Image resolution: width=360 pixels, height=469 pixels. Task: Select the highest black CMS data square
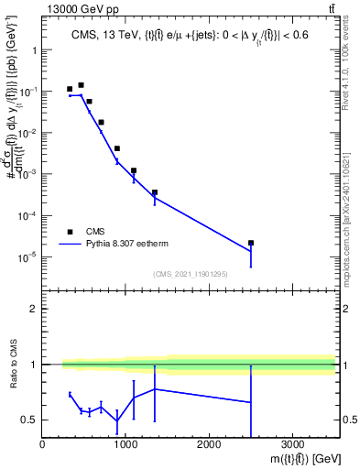[81, 85]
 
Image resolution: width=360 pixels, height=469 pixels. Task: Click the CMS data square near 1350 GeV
[155, 192]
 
